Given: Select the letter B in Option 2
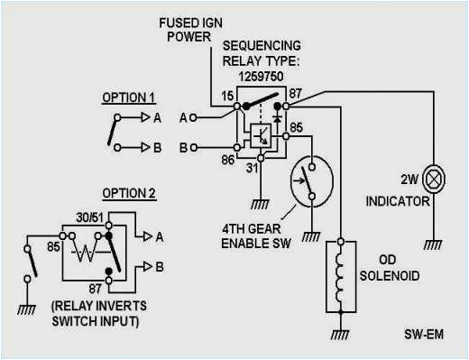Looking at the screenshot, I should tap(158, 267).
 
